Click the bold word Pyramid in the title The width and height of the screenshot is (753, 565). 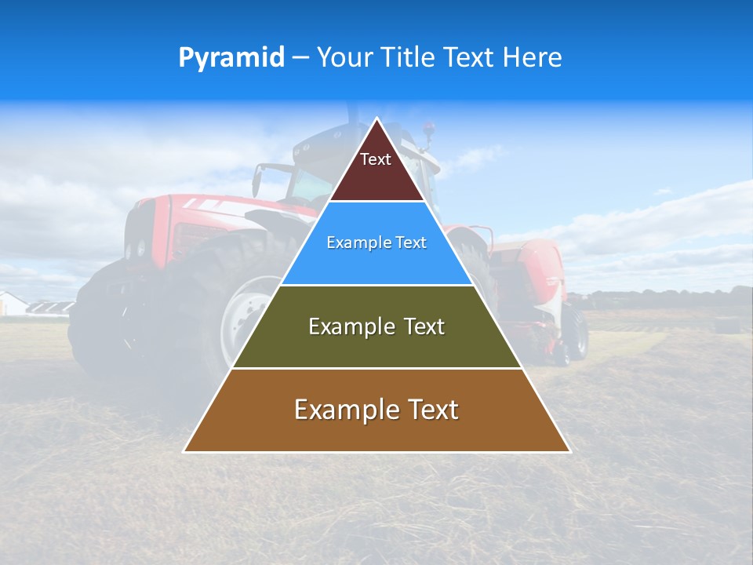231,57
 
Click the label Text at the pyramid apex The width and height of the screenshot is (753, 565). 376,159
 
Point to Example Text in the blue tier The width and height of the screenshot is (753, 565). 376,242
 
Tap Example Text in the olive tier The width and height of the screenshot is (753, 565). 376,326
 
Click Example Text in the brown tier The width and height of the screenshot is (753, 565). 376,410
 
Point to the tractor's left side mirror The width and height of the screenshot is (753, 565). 256,181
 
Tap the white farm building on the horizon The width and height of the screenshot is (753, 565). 12,304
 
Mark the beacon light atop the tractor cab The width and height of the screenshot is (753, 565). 427,127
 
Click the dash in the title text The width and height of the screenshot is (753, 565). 300,58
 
